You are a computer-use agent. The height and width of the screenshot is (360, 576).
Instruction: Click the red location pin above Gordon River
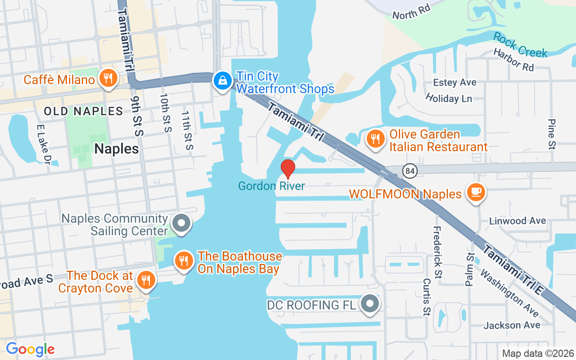[x=288, y=169]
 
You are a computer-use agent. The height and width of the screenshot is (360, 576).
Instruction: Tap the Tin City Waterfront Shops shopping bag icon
[x=222, y=81]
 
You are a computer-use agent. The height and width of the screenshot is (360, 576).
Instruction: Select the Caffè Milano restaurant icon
[x=108, y=78]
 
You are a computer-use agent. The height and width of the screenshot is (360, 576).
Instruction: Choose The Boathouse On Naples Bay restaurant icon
[x=184, y=261]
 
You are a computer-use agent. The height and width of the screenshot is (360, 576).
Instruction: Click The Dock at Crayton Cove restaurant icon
[x=145, y=280]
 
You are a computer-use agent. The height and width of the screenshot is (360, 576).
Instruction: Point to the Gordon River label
[x=271, y=186]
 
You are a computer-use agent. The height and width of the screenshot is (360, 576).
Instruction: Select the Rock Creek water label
[x=520, y=45]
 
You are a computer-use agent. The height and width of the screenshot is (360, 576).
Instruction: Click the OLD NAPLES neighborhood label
[x=83, y=111]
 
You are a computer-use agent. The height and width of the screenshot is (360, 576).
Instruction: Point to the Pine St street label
[x=552, y=134]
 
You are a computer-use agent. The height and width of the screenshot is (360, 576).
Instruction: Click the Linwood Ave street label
[x=517, y=221]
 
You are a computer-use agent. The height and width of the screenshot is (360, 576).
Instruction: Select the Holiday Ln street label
[x=448, y=98]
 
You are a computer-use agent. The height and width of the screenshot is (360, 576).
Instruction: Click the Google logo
[x=30, y=349]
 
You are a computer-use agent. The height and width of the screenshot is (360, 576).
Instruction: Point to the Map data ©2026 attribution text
[x=538, y=353]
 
